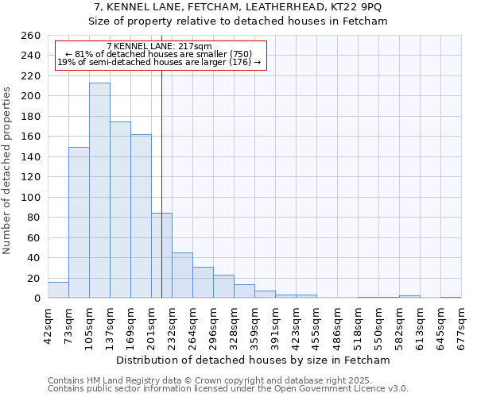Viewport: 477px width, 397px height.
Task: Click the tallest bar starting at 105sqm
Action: (99, 191)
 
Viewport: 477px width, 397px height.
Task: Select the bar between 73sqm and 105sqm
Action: (79, 222)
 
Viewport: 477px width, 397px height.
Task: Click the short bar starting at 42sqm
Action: (58, 291)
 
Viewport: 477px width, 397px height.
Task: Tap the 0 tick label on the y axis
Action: (37, 299)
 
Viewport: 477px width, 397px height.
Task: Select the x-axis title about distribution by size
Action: (254, 360)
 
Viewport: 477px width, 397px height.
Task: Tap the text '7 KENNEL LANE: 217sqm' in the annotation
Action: (159, 47)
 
